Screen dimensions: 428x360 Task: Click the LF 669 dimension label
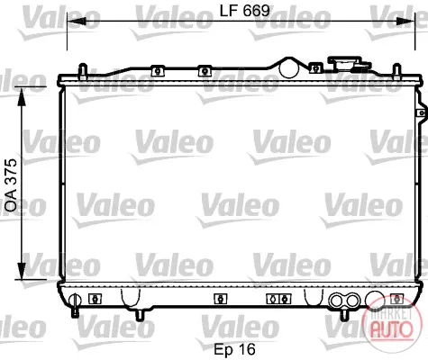coord(244,11)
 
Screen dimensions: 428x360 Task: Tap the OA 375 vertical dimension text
coord(12,185)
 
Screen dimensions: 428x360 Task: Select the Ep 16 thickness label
coord(234,349)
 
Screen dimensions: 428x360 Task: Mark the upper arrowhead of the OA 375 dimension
coord(22,96)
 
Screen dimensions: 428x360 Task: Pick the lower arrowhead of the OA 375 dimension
coord(22,271)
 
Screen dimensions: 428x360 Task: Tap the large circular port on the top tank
coord(289,68)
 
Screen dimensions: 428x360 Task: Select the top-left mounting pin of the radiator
coord(83,71)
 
